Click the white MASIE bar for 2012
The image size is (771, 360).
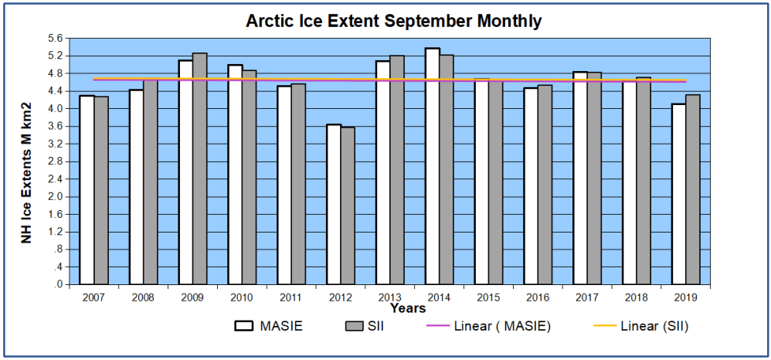click(333, 205)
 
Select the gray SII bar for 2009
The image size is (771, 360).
click(199, 169)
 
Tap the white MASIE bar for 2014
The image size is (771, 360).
click(432, 167)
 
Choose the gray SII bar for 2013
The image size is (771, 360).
click(396, 170)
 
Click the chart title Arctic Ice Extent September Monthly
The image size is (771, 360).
click(393, 21)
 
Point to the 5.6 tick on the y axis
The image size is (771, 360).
click(55, 39)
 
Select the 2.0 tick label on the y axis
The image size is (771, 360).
click(55, 197)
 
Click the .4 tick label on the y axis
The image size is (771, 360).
click(57, 267)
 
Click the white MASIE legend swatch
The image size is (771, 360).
click(245, 327)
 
